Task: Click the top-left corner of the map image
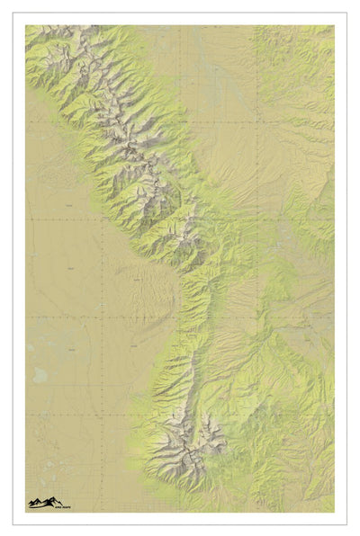point(25,25)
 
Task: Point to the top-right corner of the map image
point(334,25)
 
